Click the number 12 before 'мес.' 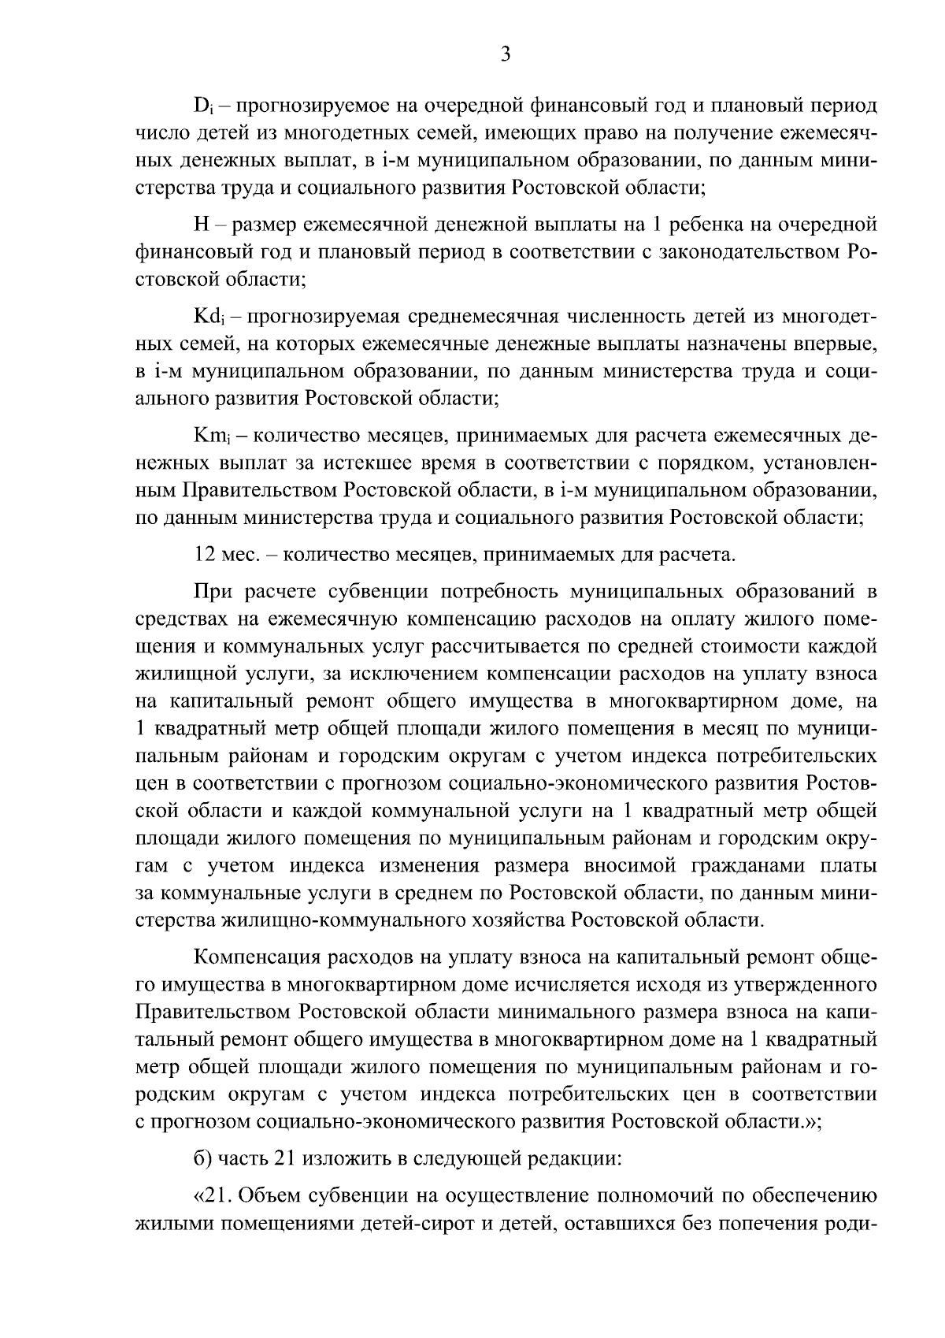[x=204, y=555]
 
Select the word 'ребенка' [x=713, y=225]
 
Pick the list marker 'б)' [x=202, y=1158]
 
